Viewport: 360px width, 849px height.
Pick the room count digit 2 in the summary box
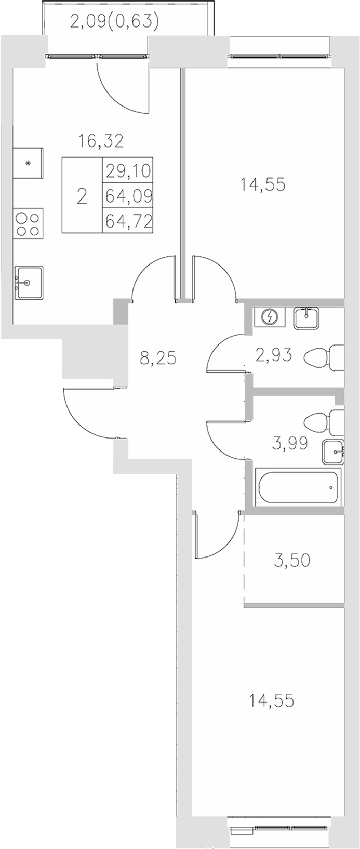(82, 197)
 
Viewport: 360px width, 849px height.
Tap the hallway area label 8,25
(158, 358)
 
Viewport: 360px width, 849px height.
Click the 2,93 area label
(273, 355)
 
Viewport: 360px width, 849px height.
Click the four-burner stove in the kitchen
(28, 223)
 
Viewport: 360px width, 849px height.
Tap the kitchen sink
(29, 283)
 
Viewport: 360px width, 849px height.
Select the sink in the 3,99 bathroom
(332, 452)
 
